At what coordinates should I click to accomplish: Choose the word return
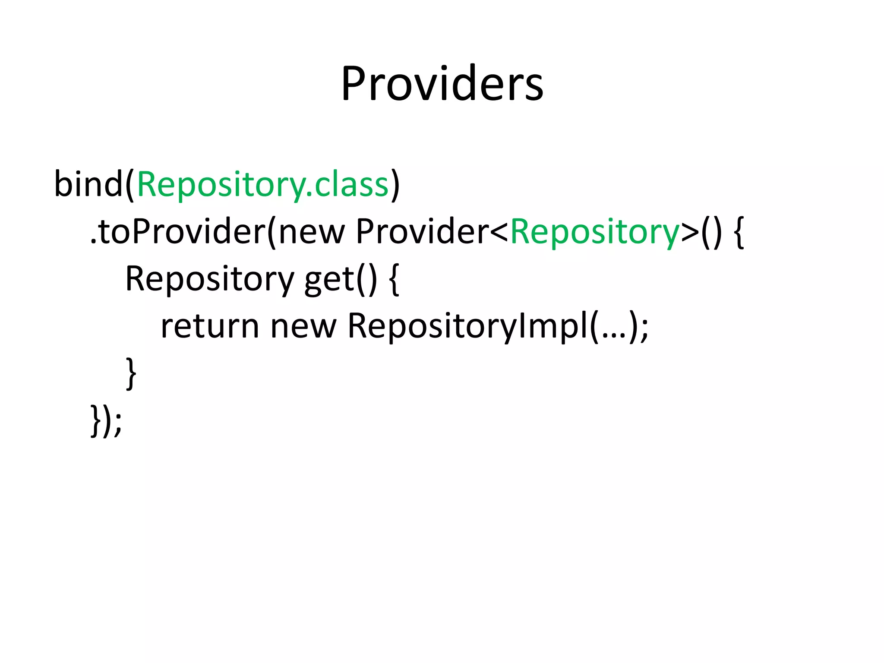[x=210, y=326]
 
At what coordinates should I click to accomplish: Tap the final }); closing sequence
[x=106, y=420]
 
